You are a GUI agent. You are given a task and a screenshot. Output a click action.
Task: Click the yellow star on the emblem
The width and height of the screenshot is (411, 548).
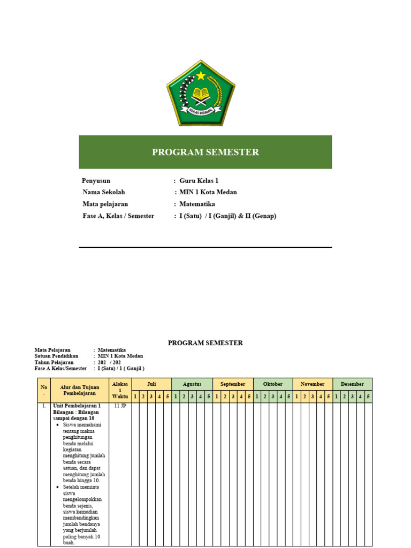(200, 75)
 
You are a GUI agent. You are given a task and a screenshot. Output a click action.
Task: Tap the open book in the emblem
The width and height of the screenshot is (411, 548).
(201, 95)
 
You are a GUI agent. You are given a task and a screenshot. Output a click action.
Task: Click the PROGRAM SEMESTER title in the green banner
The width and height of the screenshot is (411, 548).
(205, 152)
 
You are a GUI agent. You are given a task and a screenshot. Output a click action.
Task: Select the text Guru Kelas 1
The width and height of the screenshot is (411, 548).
(199, 181)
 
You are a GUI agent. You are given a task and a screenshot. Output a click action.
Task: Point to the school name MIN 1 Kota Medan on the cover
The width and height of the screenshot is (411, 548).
(208, 192)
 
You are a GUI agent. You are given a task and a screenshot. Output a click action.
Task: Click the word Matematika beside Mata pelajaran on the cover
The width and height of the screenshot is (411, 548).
(197, 204)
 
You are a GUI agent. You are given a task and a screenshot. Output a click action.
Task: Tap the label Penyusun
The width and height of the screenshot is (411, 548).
(96, 181)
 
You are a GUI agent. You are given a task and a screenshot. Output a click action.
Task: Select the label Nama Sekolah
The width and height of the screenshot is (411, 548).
(104, 192)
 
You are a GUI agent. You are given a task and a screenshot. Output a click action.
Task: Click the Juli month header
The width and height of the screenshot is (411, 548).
(151, 384)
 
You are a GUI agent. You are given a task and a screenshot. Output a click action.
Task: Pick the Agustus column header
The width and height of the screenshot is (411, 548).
(192, 384)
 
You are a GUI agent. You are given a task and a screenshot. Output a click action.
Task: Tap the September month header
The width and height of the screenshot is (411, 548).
(233, 384)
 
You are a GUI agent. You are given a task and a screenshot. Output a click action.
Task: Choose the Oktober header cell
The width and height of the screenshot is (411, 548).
(273, 384)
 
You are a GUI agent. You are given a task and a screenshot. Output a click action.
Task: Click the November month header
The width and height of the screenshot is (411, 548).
(313, 384)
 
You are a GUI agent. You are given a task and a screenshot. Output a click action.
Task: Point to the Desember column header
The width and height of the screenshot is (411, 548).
(353, 384)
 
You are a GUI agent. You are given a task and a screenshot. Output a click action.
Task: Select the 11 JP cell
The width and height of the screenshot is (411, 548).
(120, 406)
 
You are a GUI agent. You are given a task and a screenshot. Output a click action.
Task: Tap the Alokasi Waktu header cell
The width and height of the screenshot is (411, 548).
(120, 390)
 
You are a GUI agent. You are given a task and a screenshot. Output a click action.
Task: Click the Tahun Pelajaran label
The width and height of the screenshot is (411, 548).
(54, 362)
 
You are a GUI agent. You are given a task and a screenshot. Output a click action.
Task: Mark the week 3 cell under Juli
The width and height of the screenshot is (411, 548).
(151, 397)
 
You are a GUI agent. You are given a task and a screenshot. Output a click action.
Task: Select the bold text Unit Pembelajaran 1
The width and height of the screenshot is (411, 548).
(77, 406)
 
